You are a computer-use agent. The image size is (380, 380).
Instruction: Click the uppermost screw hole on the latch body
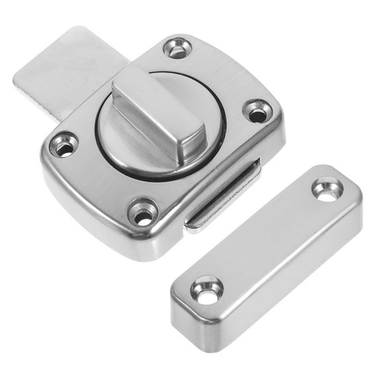click(x=178, y=48)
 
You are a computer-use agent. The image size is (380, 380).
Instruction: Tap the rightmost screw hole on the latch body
click(x=257, y=111)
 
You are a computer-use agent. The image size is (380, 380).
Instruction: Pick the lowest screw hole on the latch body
click(x=143, y=214)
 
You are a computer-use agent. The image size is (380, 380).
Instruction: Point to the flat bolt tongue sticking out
click(x=63, y=73)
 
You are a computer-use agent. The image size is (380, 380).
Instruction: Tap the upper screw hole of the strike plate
click(x=328, y=189)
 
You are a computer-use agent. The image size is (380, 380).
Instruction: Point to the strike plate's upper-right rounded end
click(x=348, y=182)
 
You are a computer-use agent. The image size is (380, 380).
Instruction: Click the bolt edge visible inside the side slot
click(x=219, y=206)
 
